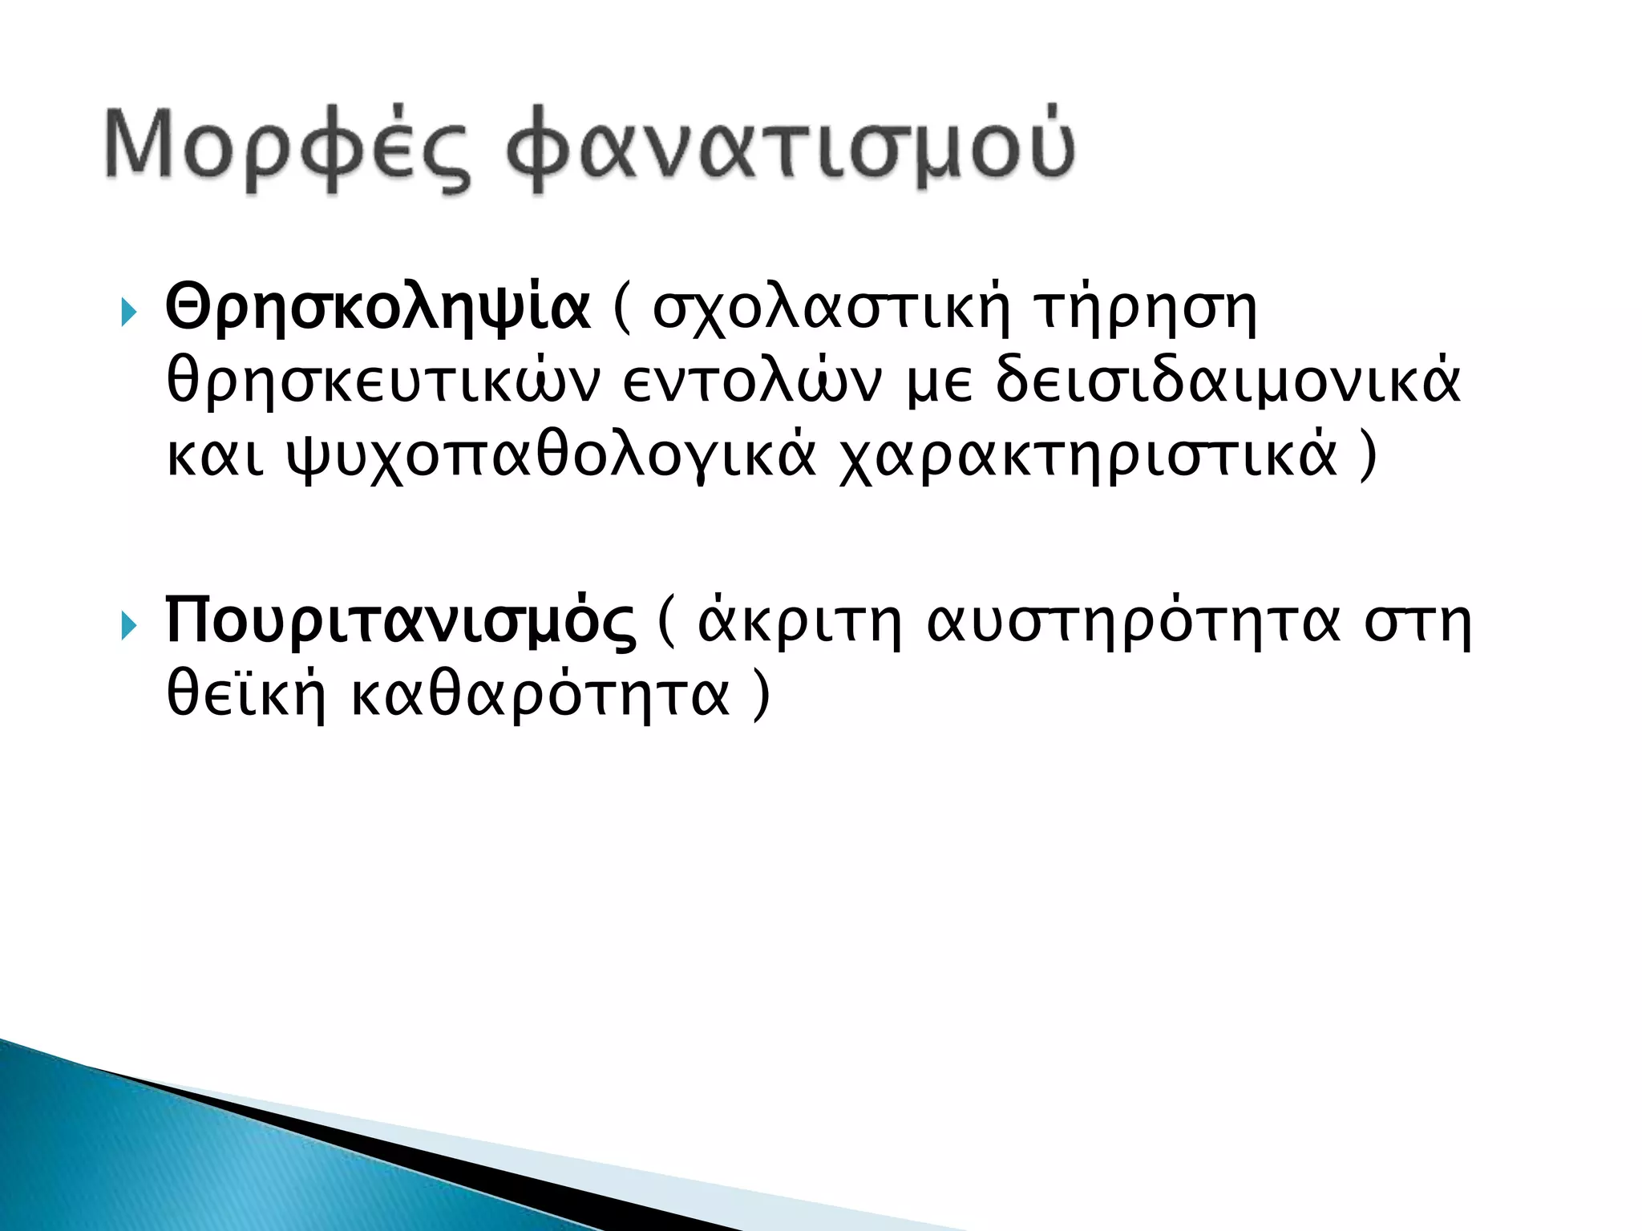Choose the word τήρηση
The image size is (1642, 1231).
click(x=1146, y=309)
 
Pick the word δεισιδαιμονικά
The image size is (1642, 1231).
click(x=1227, y=382)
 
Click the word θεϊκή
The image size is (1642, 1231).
click(x=245, y=695)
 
